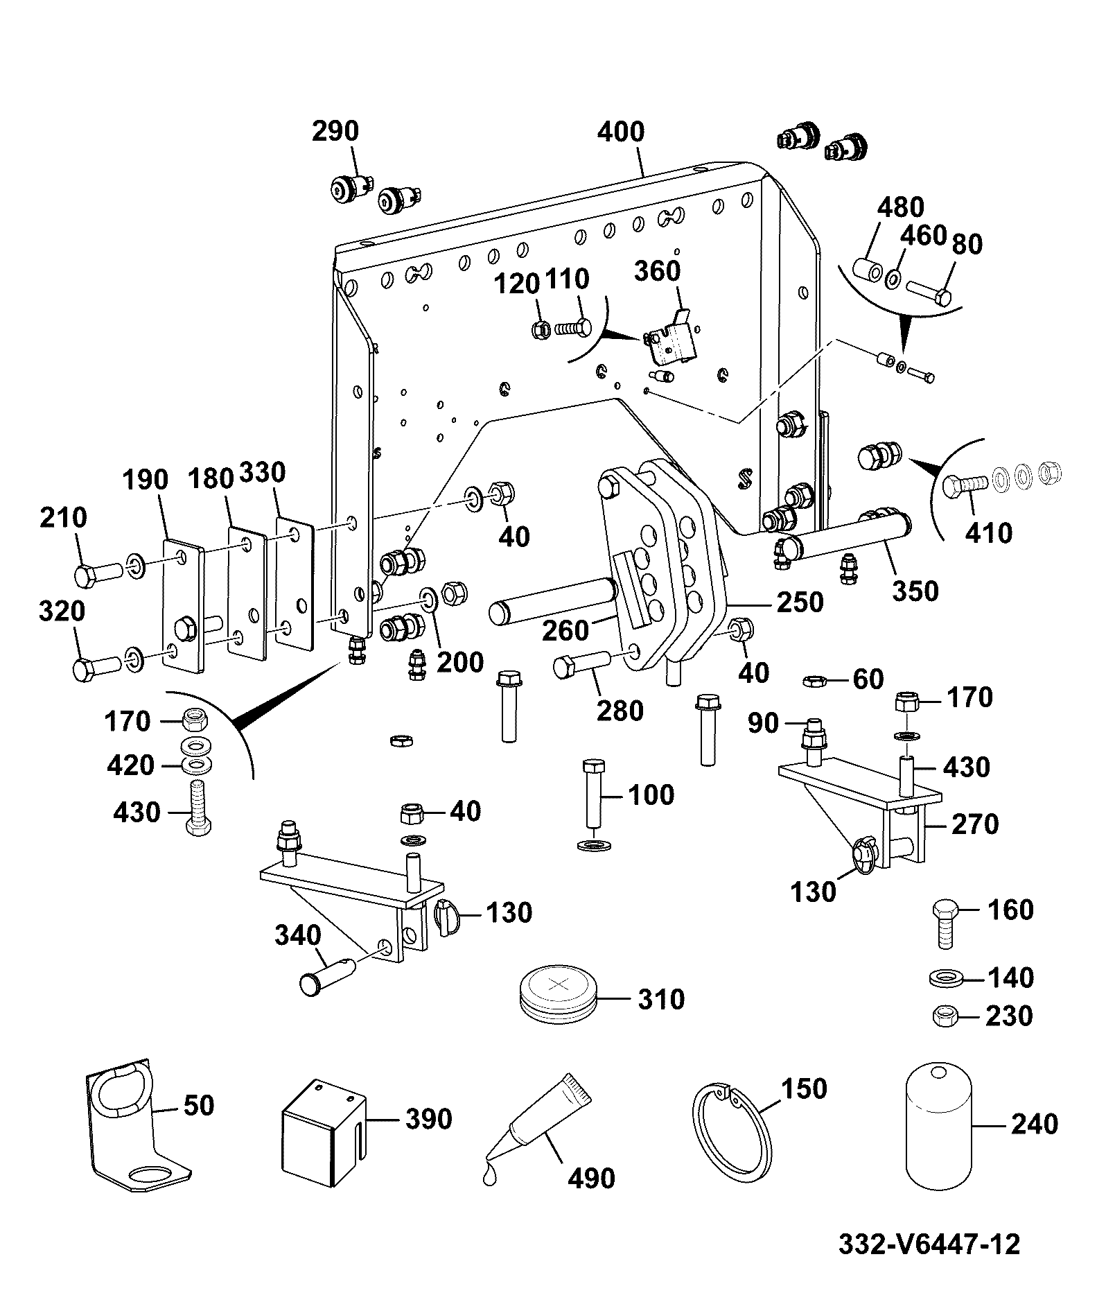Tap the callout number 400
tap(620, 132)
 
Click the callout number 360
tap(658, 270)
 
